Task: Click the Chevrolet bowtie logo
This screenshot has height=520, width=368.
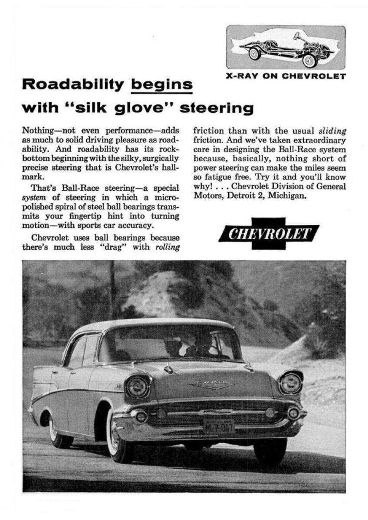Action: [x=269, y=234]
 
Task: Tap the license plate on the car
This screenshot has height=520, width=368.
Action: [x=218, y=426]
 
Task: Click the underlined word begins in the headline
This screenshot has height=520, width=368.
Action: [x=162, y=84]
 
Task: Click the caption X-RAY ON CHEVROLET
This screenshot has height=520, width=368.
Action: [x=286, y=77]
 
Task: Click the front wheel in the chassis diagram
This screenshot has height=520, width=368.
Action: [x=309, y=60]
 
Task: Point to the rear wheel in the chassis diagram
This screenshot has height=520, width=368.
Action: [x=254, y=53]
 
